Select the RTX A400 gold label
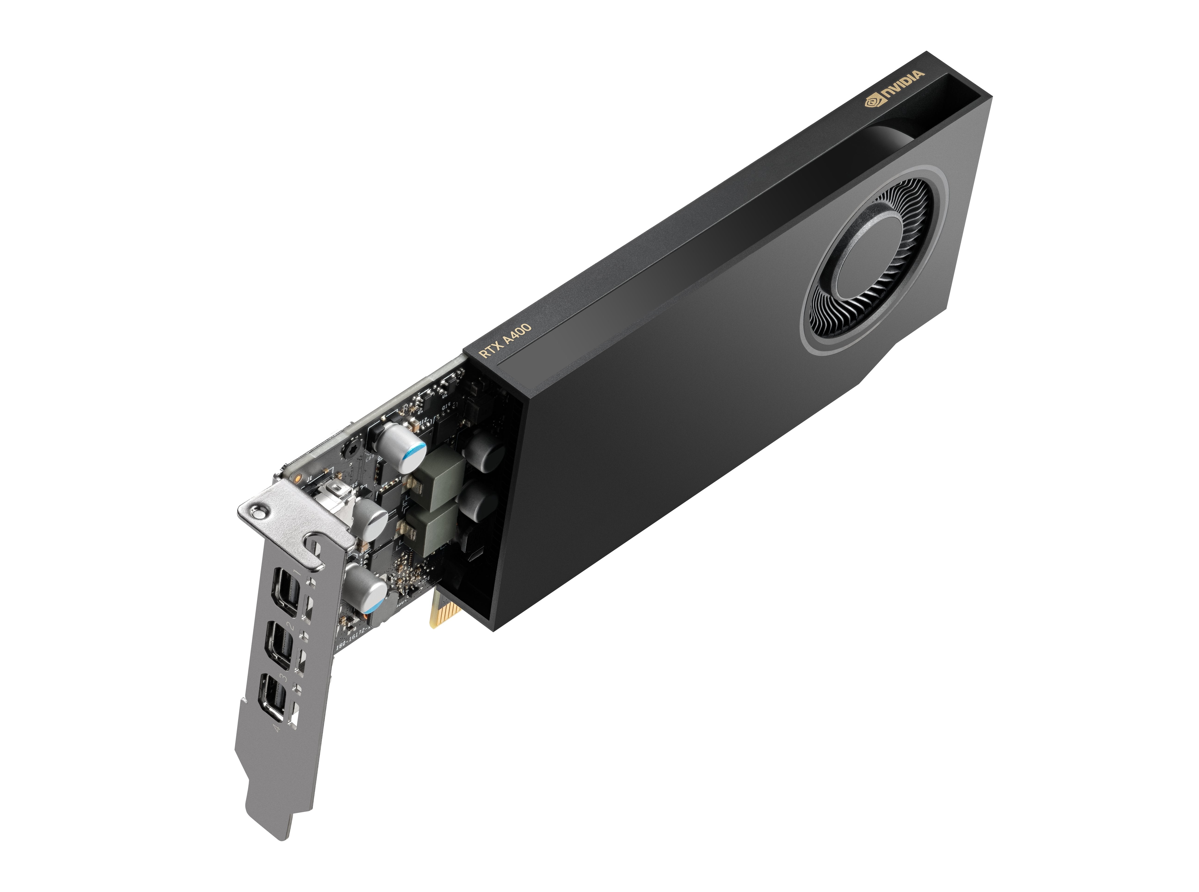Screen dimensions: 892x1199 coord(506,340)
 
